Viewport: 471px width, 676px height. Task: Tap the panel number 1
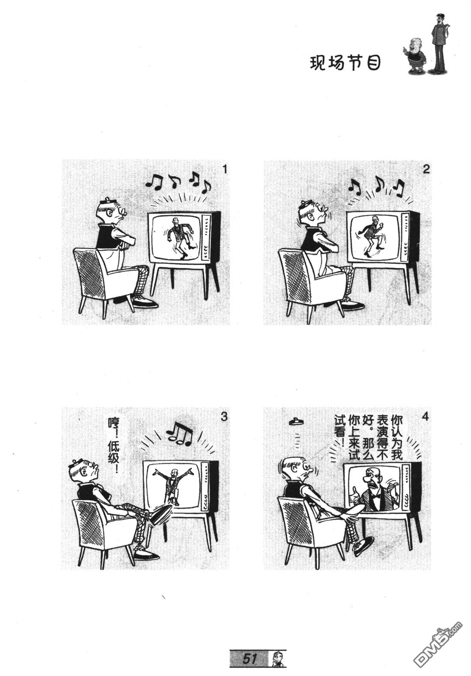tap(224, 170)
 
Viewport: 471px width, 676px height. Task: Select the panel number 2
tap(426, 170)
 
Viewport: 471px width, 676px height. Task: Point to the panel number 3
tap(224, 417)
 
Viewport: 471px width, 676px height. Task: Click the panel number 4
tap(426, 417)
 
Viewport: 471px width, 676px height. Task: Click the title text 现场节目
tap(346, 63)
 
